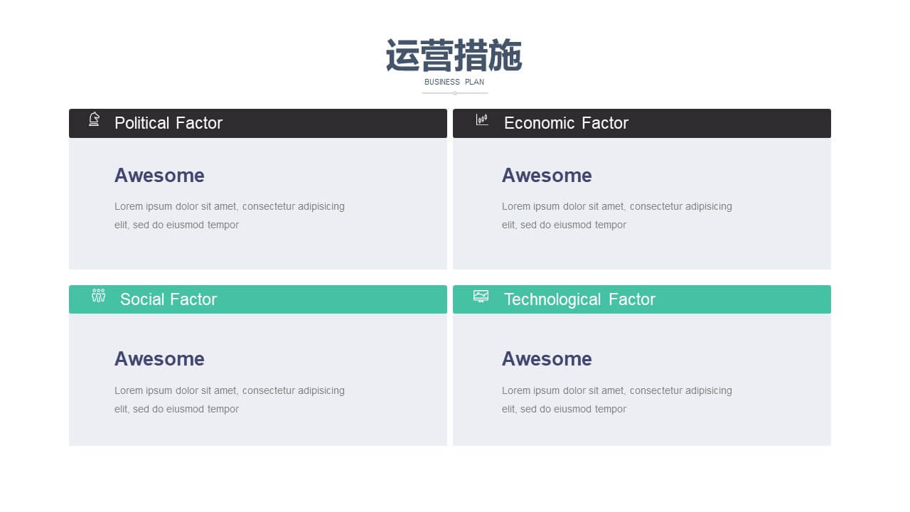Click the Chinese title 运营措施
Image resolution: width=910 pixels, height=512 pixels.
coord(454,55)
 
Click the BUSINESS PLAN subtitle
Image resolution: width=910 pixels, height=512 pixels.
coord(454,82)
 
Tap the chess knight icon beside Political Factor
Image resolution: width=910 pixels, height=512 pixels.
coord(95,119)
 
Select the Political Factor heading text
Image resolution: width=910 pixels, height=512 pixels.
coord(168,123)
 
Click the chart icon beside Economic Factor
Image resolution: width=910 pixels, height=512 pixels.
coord(482,119)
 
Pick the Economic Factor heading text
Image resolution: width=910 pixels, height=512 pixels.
coord(566,123)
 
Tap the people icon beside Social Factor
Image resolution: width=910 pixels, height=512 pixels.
coord(98,295)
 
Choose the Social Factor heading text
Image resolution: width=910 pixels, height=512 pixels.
coord(168,299)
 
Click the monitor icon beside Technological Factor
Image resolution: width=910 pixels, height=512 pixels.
coord(481,297)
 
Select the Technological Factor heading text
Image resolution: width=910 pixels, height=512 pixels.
coord(579,299)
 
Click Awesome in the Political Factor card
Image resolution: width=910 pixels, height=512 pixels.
coord(159,176)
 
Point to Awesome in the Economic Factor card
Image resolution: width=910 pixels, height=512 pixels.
coord(547,176)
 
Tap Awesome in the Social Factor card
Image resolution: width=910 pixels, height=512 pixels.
coord(159,359)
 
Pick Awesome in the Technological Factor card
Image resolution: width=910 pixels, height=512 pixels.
coord(547,359)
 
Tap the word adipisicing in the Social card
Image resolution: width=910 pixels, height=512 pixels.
coord(321,391)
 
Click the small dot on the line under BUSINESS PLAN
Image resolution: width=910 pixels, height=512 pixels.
coord(455,93)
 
